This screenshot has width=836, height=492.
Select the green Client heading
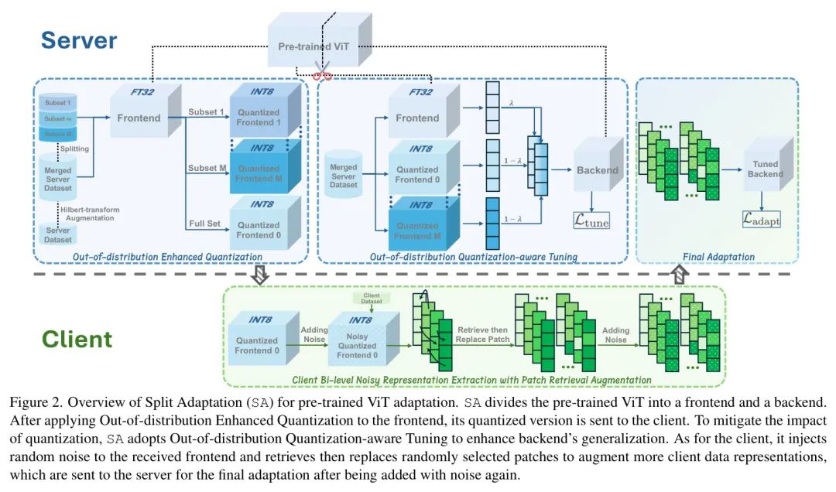coord(77,339)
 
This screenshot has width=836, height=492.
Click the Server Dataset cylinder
coord(57,234)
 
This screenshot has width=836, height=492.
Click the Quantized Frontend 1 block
coord(258,118)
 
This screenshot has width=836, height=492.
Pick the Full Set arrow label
coord(205,224)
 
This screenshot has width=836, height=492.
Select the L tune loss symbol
coord(591,222)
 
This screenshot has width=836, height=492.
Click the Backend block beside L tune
coord(597,169)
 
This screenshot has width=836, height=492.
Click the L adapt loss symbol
coord(762,220)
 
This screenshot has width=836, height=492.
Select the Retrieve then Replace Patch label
coord(481,335)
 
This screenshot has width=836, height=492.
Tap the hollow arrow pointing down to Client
coord(260,275)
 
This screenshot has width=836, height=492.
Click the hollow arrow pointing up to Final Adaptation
coord(679,274)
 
